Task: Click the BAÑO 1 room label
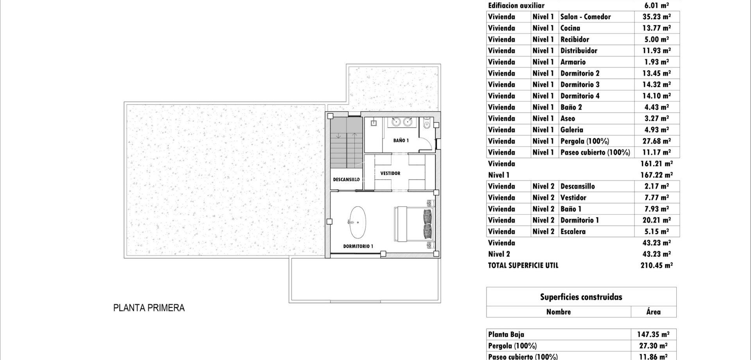(x=401, y=140)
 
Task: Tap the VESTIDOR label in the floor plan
(x=390, y=173)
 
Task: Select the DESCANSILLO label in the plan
(x=346, y=180)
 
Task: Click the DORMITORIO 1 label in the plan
(x=358, y=246)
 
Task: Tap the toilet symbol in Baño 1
(x=426, y=124)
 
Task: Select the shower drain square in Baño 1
(x=374, y=123)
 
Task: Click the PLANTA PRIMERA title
(x=149, y=308)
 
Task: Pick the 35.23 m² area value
(x=656, y=17)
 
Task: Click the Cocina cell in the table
(x=570, y=28)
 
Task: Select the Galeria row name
(x=571, y=130)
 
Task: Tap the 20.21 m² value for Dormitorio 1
(x=656, y=220)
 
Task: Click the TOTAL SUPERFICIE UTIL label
(x=523, y=265)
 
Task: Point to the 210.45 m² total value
(x=656, y=265)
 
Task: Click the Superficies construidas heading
(x=581, y=297)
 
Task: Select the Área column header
(x=653, y=312)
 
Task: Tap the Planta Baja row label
(x=506, y=335)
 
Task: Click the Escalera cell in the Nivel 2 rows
(x=573, y=232)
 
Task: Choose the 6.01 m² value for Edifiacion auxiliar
(x=656, y=5)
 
